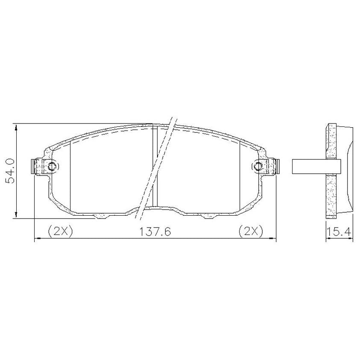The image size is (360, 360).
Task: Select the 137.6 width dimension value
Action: coord(155,231)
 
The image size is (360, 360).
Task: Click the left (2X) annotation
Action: coord(60,231)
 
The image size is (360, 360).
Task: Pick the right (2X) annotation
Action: coord(251,231)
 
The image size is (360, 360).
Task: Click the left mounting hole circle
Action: coord(52,166)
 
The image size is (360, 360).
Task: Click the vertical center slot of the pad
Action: coord(155,166)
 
